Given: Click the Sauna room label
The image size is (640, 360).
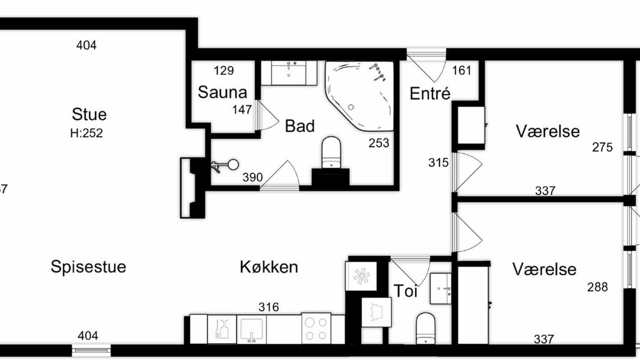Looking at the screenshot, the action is (222, 92).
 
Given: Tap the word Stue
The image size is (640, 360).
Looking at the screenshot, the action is (89, 114).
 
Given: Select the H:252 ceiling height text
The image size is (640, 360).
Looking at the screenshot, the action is (86, 133).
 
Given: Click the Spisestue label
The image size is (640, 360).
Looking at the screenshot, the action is (88, 267).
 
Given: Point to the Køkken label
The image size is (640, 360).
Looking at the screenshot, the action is (269, 267).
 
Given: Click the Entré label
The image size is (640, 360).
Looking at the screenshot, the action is (430, 93).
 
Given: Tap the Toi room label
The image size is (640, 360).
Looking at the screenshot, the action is (405, 291).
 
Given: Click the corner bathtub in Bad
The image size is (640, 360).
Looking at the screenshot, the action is (359, 96).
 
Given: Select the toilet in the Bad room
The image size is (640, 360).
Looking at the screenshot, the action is (331, 152).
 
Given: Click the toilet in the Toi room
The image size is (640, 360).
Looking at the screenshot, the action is (425, 328).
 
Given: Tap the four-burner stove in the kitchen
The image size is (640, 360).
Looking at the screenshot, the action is (316, 328).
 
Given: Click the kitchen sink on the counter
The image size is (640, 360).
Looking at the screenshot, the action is (251, 329).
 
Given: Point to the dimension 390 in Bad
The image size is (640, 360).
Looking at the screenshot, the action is (252, 177).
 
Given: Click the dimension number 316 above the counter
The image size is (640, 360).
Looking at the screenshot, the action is (268, 307).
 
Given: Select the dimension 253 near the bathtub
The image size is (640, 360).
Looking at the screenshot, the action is (379, 143).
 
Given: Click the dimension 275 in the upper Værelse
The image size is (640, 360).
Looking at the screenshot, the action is (602, 147).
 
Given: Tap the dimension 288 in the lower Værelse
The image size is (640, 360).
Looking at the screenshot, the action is (597, 287).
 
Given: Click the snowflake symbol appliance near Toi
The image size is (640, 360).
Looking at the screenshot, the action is (361, 276).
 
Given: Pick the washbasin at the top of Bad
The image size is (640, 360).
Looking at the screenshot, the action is (289, 73).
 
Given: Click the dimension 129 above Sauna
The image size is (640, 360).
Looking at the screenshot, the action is (223, 70).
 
